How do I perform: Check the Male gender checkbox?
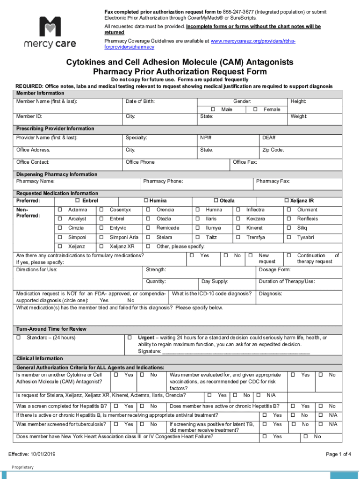[x=213, y=109]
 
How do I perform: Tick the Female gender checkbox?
[x=255, y=109]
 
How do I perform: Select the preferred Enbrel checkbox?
[x=78, y=201]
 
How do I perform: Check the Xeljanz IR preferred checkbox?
[x=287, y=201]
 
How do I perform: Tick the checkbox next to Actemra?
[x=60, y=210]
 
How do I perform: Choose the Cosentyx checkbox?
[x=101, y=210]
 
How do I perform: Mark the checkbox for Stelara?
[x=148, y=238]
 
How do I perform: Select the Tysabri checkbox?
[x=288, y=238]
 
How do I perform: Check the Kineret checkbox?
[x=238, y=228]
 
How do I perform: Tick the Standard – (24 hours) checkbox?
[x=19, y=338]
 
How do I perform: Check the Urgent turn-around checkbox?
[x=130, y=338]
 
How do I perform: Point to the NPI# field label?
[x=206, y=138]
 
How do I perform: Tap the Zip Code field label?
[x=273, y=150]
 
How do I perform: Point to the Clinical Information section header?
[x=40, y=359]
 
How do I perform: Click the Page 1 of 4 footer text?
[x=338, y=454]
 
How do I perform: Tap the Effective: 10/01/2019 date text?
[x=32, y=454]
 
